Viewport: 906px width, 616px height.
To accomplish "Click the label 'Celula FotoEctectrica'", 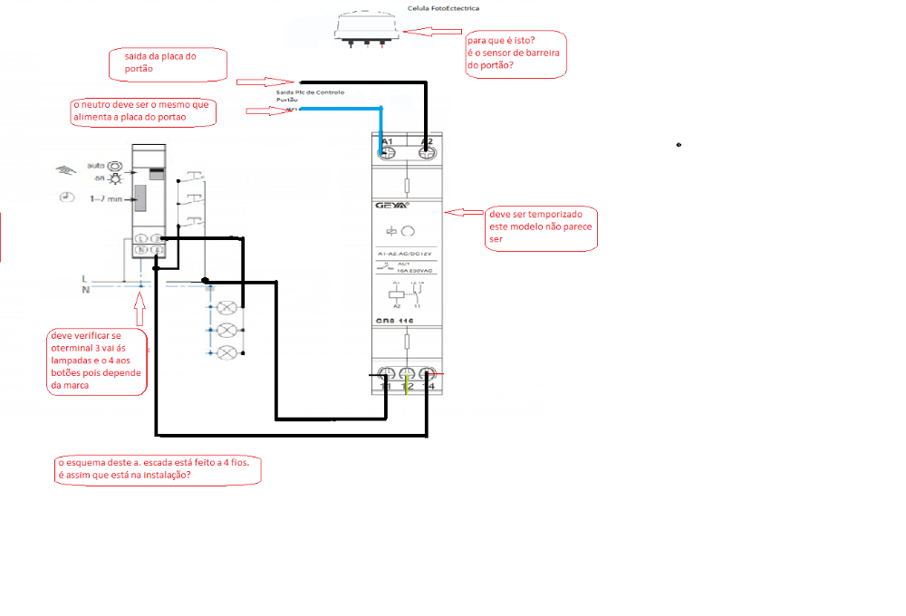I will click(x=443, y=8).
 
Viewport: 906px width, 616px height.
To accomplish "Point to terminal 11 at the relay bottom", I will click(x=387, y=374).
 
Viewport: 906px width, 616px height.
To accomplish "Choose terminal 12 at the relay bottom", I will click(x=407, y=374).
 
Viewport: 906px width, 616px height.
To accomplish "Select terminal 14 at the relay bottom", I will click(x=427, y=374).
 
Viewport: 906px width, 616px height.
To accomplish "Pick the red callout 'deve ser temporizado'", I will click(x=541, y=226).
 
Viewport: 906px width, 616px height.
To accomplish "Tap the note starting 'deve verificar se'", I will click(x=97, y=361).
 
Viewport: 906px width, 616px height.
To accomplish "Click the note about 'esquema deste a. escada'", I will click(x=159, y=468).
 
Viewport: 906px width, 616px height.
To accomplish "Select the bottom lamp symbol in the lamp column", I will click(x=229, y=351).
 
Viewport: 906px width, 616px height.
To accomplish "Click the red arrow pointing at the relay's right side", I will click(x=465, y=213).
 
